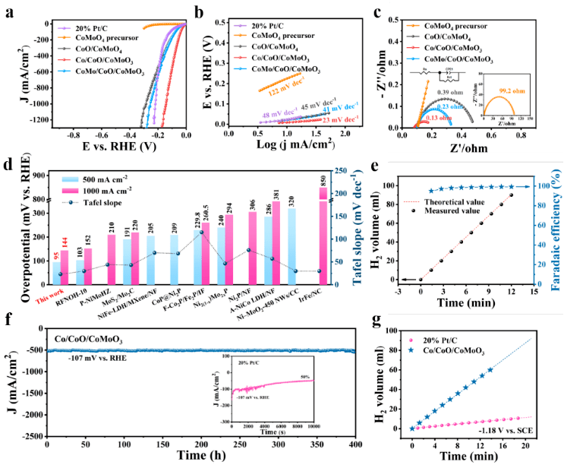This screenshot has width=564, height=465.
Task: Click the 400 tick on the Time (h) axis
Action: tap(355, 444)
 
